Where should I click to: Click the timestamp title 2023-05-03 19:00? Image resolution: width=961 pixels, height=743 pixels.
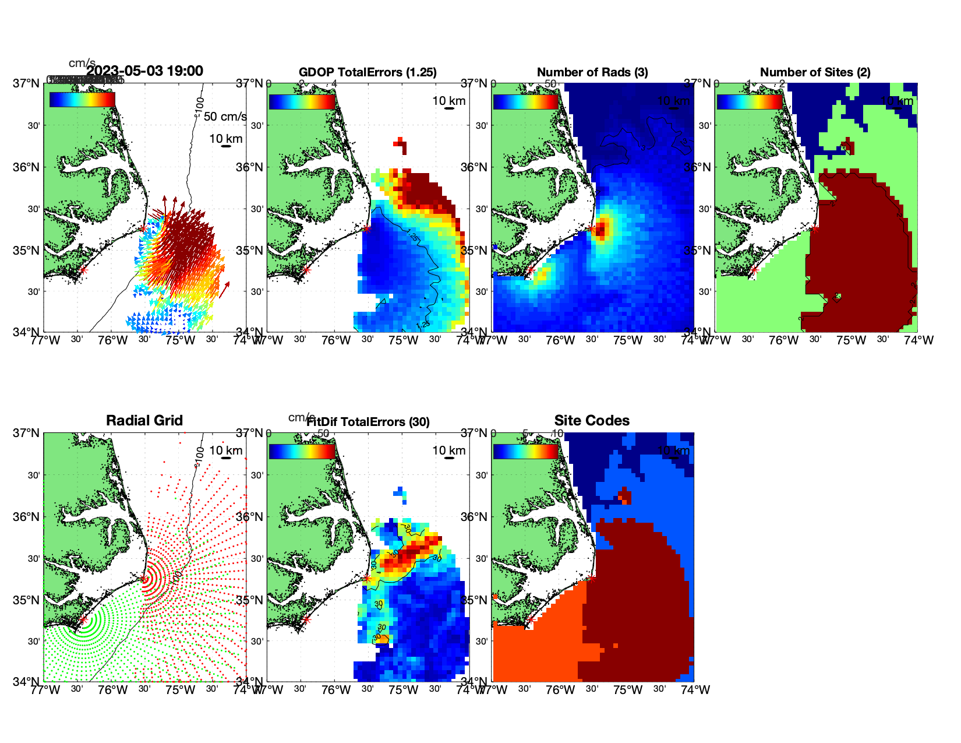[x=145, y=71]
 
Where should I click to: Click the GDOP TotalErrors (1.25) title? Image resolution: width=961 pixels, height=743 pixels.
[x=368, y=72]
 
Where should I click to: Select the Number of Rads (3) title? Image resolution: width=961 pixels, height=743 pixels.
[x=592, y=72]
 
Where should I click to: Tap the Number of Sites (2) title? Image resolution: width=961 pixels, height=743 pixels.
[x=815, y=72]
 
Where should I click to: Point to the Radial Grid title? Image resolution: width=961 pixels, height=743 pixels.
[x=144, y=420]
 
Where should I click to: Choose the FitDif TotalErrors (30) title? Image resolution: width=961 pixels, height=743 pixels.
[x=368, y=422]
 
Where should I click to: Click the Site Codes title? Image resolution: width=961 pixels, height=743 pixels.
[x=592, y=420]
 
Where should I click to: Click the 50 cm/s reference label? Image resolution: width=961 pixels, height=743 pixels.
[x=225, y=117]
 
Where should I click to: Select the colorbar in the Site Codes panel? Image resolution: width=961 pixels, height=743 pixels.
[x=525, y=452]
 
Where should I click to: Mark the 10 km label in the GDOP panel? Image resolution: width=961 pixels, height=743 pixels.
[x=448, y=101]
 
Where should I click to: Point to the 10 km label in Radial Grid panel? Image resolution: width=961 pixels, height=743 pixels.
[x=225, y=450]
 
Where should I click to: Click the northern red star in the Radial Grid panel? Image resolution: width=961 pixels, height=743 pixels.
[x=143, y=579]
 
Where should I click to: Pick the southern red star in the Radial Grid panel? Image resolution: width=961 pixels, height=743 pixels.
[x=83, y=620]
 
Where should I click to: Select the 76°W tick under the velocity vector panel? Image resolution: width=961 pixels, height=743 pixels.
[x=112, y=340]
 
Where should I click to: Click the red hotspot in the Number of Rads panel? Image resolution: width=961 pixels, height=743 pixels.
[x=602, y=228]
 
